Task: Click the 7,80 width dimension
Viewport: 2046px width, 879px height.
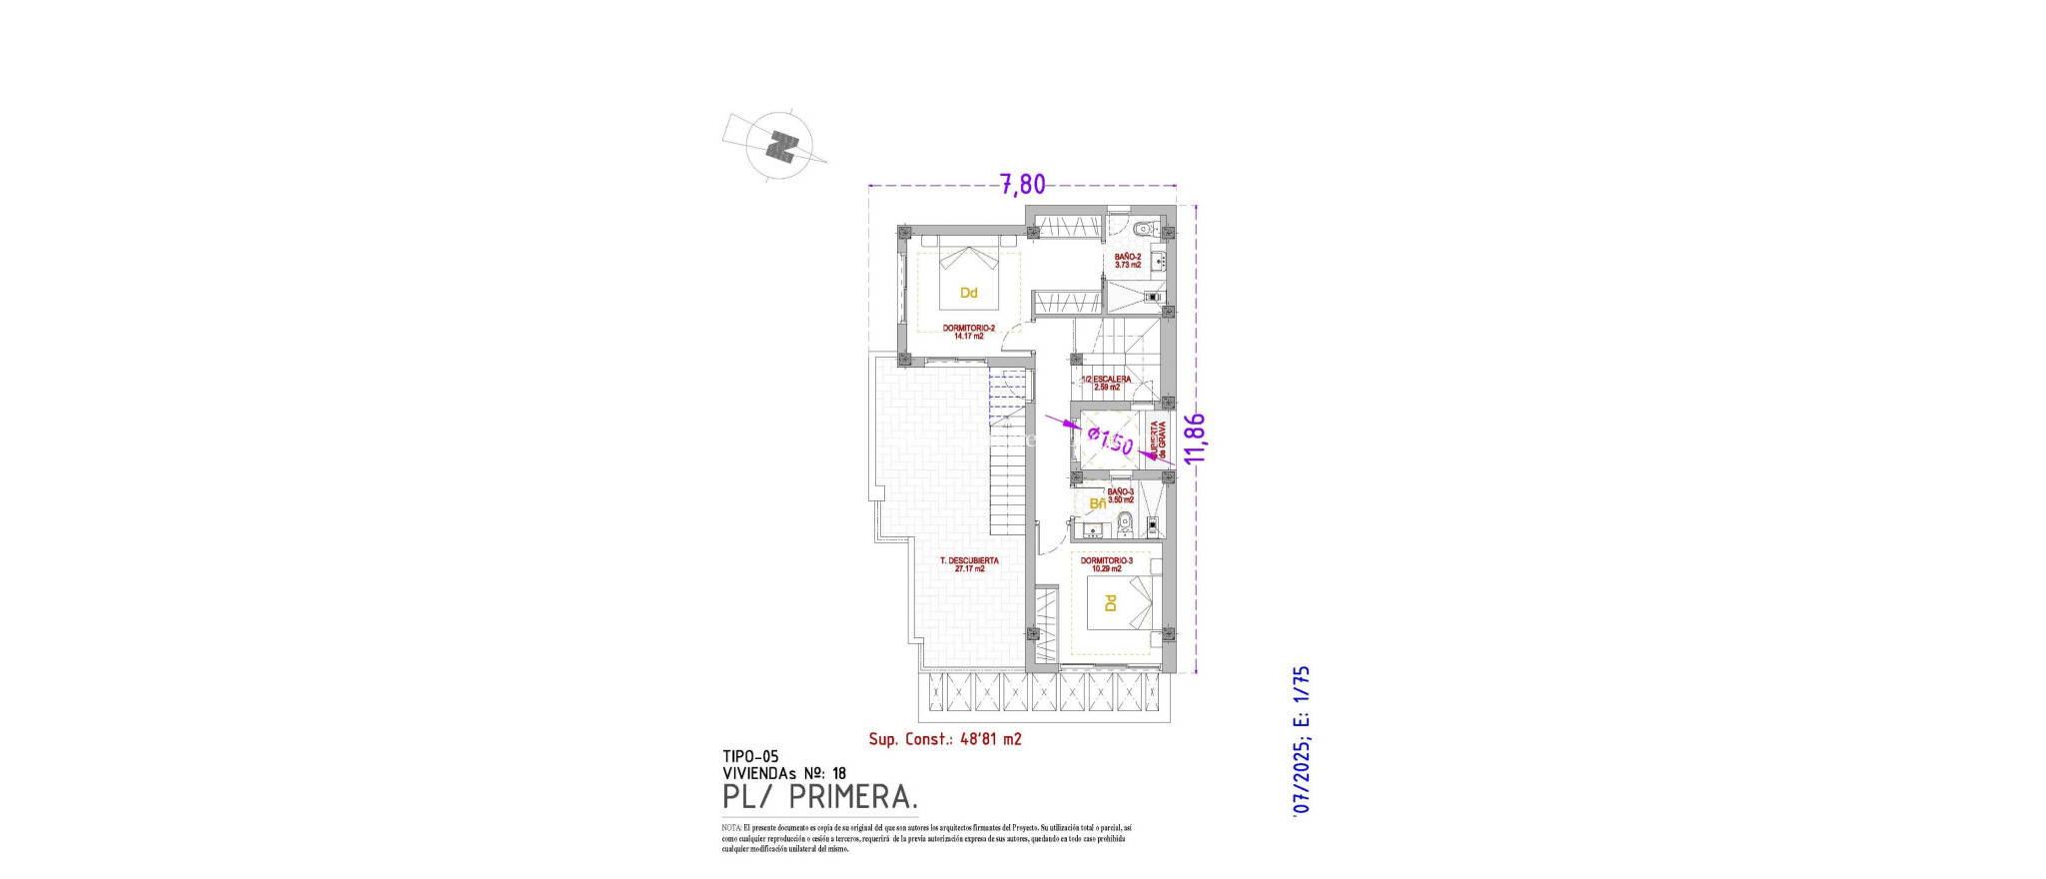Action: [x=1023, y=185]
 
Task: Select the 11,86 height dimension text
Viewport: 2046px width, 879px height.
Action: [x=1194, y=438]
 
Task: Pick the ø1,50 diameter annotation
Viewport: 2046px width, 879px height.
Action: [x=1110, y=440]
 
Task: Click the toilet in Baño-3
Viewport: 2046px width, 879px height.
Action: [x=1125, y=520]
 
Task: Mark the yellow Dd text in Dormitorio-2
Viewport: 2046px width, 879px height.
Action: [x=968, y=293]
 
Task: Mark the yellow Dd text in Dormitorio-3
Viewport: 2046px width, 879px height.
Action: [x=1110, y=603]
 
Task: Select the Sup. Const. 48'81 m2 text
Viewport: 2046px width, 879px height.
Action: [x=944, y=739]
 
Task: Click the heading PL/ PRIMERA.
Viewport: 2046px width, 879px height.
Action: [x=819, y=797]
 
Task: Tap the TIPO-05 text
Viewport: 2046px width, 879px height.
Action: [x=749, y=757]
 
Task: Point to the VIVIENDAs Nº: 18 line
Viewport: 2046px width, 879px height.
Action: [x=783, y=773]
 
